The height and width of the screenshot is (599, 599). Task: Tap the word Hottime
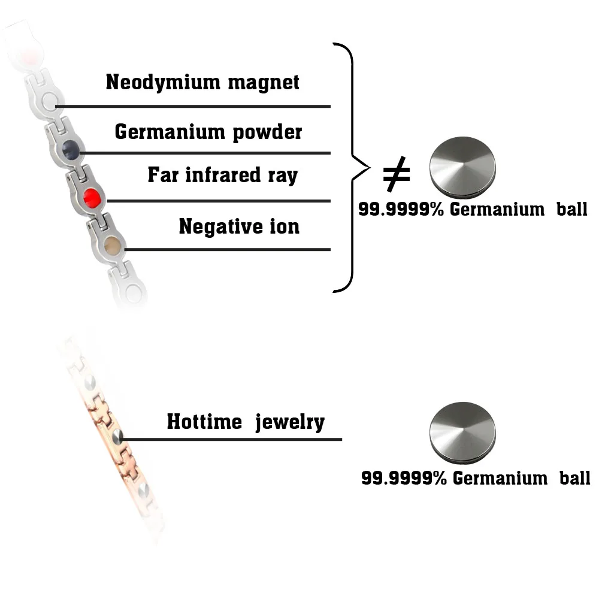coord(204,422)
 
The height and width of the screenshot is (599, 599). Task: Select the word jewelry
coord(290,423)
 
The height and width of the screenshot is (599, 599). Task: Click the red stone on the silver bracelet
coord(91,196)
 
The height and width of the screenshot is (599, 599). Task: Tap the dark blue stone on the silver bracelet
coord(71,147)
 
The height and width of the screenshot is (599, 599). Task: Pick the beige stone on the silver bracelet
coord(111,245)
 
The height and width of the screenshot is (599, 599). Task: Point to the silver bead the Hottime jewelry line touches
coord(118,437)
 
